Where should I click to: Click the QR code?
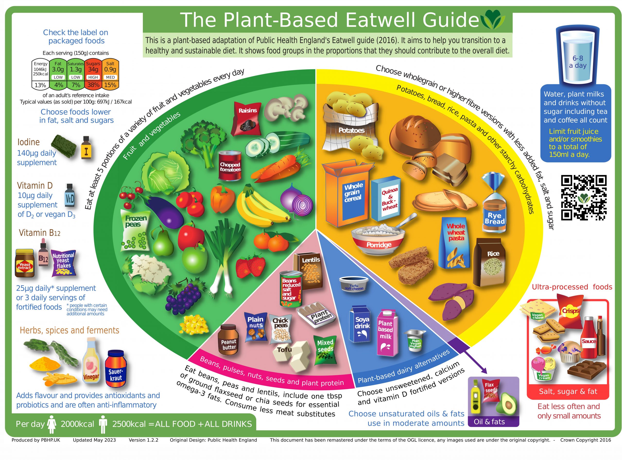pos(583,197)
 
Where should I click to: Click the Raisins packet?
pos(247,117)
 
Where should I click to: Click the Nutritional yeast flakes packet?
pos(63,263)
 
